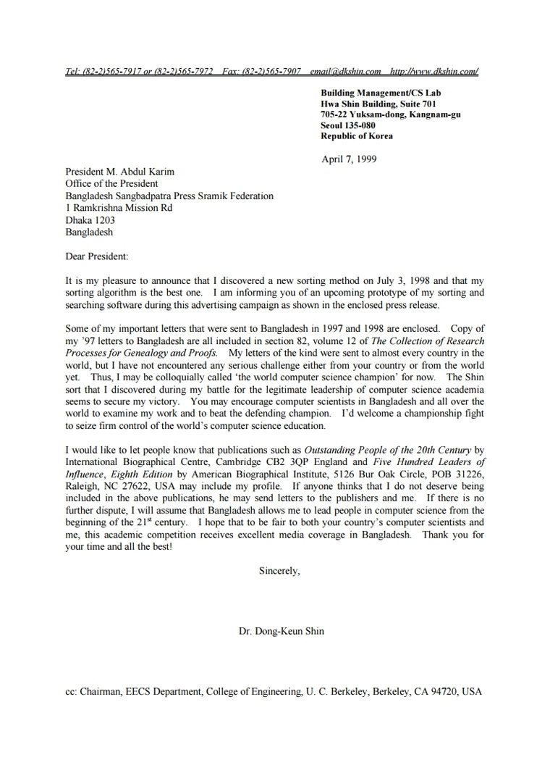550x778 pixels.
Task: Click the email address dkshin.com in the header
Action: [345, 71]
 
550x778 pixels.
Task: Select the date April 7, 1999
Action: [349, 159]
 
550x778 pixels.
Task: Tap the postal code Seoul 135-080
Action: [348, 125]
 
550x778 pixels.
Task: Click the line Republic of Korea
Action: [357, 136]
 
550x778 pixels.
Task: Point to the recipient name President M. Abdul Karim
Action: [119, 172]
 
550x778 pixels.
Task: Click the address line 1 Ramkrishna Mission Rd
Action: [119, 207]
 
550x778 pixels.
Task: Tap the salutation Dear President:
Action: [96, 256]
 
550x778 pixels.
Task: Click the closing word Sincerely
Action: [279, 571]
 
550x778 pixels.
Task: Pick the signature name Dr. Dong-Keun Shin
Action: [282, 631]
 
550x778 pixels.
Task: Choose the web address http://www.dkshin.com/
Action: [433, 71]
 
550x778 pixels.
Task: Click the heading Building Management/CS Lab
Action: [381, 93]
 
